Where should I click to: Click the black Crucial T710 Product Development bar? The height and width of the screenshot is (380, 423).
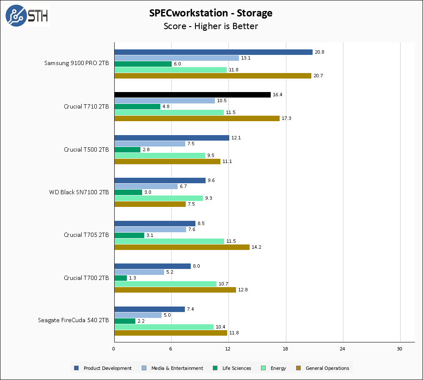click(192, 95)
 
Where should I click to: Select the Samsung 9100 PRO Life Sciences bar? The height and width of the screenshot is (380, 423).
click(143, 64)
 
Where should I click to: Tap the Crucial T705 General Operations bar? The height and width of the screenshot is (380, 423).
click(182, 247)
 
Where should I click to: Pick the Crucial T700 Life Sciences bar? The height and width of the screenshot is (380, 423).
click(121, 278)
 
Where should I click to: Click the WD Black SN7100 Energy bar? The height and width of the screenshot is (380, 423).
click(159, 198)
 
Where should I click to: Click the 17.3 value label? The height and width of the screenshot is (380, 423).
click(287, 118)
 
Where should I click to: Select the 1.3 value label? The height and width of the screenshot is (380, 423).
click(133, 278)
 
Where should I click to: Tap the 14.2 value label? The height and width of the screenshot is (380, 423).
click(257, 247)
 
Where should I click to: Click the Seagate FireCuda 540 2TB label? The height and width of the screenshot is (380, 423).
click(73, 320)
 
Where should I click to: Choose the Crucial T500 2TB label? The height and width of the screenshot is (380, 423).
click(86, 149)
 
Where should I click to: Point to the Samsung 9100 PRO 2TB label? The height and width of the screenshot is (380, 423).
click(77, 63)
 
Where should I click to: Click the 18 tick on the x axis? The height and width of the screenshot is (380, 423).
click(286, 349)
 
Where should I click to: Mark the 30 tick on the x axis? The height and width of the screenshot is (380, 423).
click(400, 349)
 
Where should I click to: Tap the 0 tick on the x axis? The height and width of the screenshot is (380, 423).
click(114, 349)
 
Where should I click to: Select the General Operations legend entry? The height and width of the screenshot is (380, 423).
click(327, 368)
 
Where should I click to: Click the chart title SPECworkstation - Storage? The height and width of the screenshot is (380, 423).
click(211, 13)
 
